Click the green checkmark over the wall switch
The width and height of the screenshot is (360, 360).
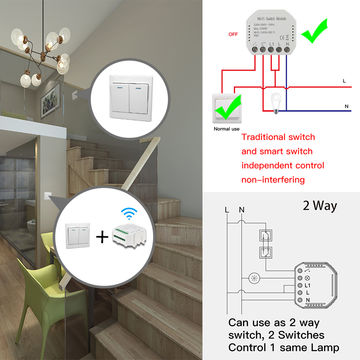coord(227,105)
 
